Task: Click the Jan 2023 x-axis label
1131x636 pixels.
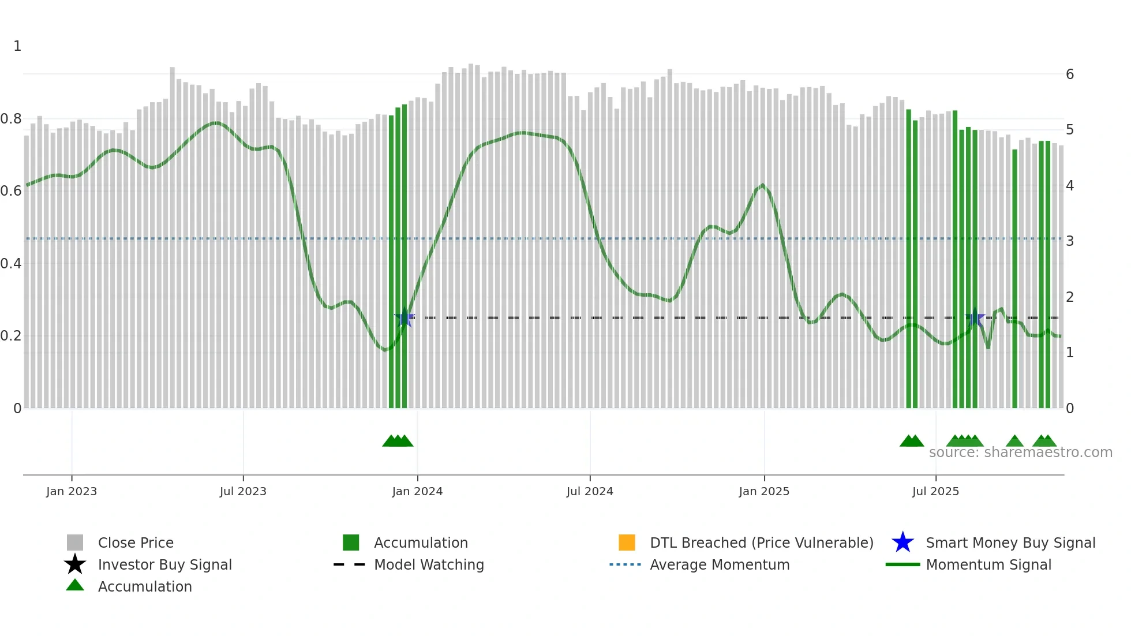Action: click(x=72, y=491)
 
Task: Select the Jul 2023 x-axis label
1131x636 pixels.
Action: click(x=243, y=491)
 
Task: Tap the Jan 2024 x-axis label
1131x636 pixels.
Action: click(x=417, y=491)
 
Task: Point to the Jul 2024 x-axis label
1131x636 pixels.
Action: click(x=590, y=491)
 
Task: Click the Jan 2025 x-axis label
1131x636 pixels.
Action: click(x=764, y=491)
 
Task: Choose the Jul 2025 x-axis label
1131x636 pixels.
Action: click(x=935, y=491)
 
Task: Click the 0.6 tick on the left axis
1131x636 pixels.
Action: click(x=11, y=191)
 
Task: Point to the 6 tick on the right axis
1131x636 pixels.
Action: click(x=1070, y=74)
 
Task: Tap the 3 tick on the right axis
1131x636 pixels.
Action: click(x=1070, y=241)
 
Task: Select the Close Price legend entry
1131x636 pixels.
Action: click(x=136, y=543)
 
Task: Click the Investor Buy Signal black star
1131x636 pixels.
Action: click(x=75, y=564)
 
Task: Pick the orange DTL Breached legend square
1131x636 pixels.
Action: click(x=627, y=543)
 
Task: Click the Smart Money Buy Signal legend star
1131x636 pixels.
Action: click(x=902, y=543)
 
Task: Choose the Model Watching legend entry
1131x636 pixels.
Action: click(x=429, y=564)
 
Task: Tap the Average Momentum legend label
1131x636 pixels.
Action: click(x=720, y=564)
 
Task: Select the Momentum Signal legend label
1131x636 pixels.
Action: click(x=988, y=564)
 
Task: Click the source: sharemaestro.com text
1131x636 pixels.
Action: click(x=1020, y=452)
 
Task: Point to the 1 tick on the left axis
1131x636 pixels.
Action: click(x=17, y=46)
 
